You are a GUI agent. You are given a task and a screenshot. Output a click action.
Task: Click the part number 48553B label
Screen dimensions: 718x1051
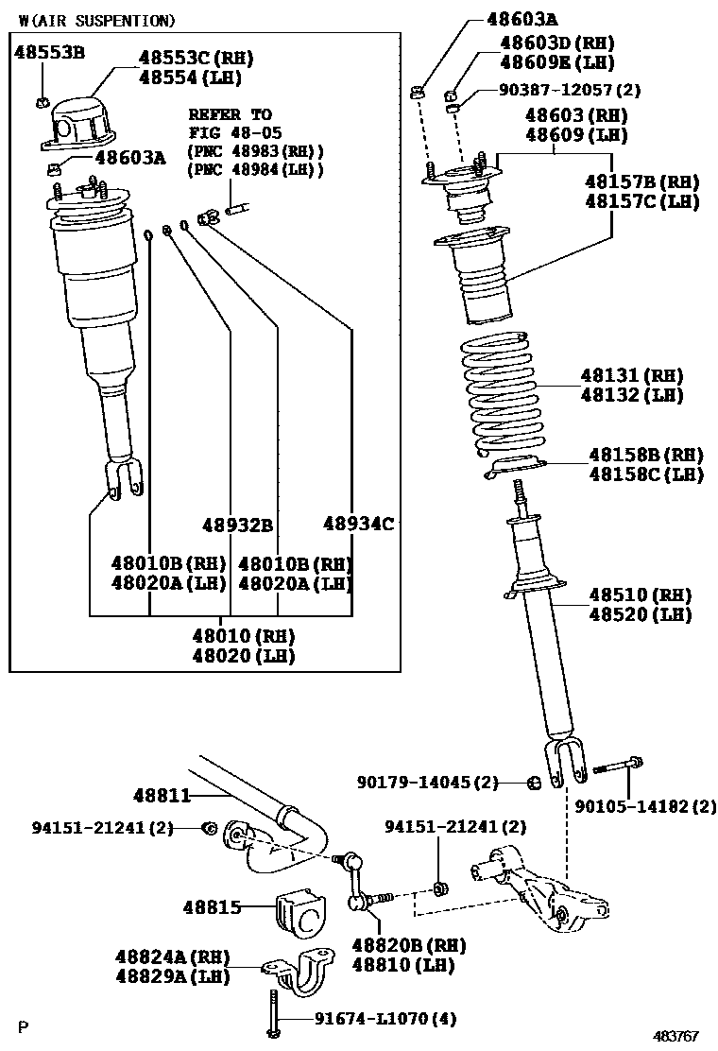tap(49, 52)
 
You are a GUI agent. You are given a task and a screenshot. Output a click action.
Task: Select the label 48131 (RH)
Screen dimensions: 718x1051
tap(632, 375)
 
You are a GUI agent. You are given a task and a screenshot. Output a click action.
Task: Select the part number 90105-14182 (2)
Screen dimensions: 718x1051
tap(645, 806)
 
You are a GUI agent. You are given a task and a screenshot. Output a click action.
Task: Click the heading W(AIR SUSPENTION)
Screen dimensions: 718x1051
tap(97, 21)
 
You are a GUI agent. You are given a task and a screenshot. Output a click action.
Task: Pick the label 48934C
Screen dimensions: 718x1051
tap(358, 524)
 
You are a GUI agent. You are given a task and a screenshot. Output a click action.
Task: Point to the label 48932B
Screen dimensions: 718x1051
tap(238, 525)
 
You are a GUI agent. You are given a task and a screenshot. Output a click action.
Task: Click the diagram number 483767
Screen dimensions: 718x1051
tap(675, 1036)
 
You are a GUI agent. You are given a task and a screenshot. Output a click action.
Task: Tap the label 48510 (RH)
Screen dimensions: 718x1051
tap(640, 595)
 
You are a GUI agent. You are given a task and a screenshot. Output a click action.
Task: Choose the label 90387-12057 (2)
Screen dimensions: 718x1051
tap(570, 89)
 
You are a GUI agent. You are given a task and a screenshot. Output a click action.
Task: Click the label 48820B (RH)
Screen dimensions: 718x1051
tap(408, 946)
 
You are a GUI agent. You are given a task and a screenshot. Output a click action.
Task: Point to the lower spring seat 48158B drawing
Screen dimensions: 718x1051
tap(514, 466)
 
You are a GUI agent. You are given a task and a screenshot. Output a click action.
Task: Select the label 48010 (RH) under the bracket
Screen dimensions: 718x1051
tap(243, 636)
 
